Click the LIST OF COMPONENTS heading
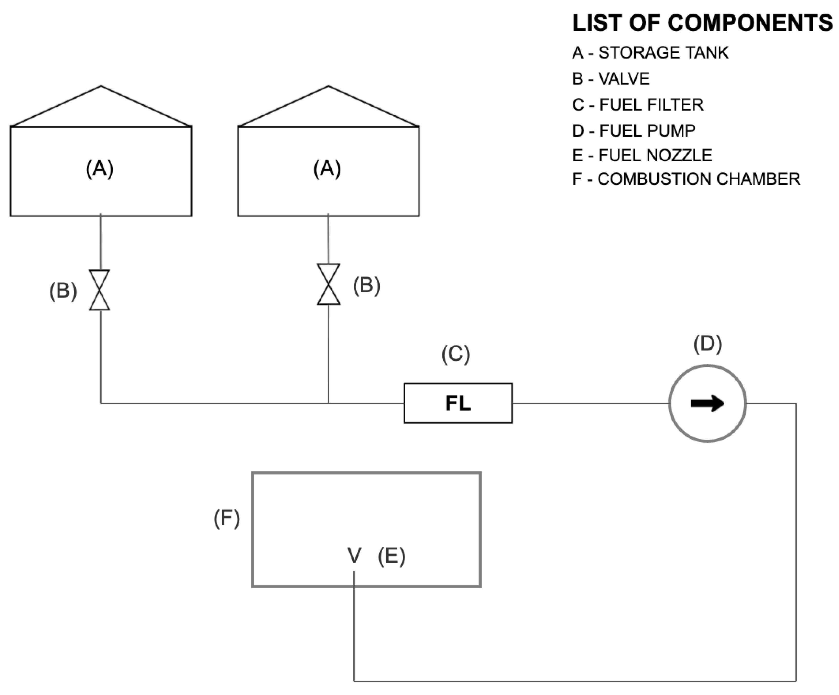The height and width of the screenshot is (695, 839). (x=702, y=23)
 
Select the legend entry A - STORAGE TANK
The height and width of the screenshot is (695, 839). (x=650, y=53)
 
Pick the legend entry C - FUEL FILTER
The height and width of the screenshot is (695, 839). (x=638, y=105)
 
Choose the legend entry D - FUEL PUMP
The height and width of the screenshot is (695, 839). (x=634, y=131)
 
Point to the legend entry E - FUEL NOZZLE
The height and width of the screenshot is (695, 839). (x=642, y=155)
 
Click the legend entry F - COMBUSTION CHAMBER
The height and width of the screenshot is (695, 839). (x=686, y=179)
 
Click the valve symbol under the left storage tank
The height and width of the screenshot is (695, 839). (x=100, y=290)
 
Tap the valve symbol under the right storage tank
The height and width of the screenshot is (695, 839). (x=328, y=284)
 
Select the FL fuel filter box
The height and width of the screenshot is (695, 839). (x=458, y=403)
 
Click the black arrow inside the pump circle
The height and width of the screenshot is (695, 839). (x=707, y=404)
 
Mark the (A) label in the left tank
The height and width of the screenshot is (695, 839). (x=100, y=169)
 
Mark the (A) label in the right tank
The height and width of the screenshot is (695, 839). (x=327, y=169)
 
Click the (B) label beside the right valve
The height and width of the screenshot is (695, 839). (x=366, y=286)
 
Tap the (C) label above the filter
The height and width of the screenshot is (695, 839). (x=455, y=355)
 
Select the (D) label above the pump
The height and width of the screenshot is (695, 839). (x=708, y=344)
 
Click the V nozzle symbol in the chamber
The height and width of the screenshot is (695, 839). (x=354, y=555)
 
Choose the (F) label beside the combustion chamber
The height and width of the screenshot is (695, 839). (x=227, y=518)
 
